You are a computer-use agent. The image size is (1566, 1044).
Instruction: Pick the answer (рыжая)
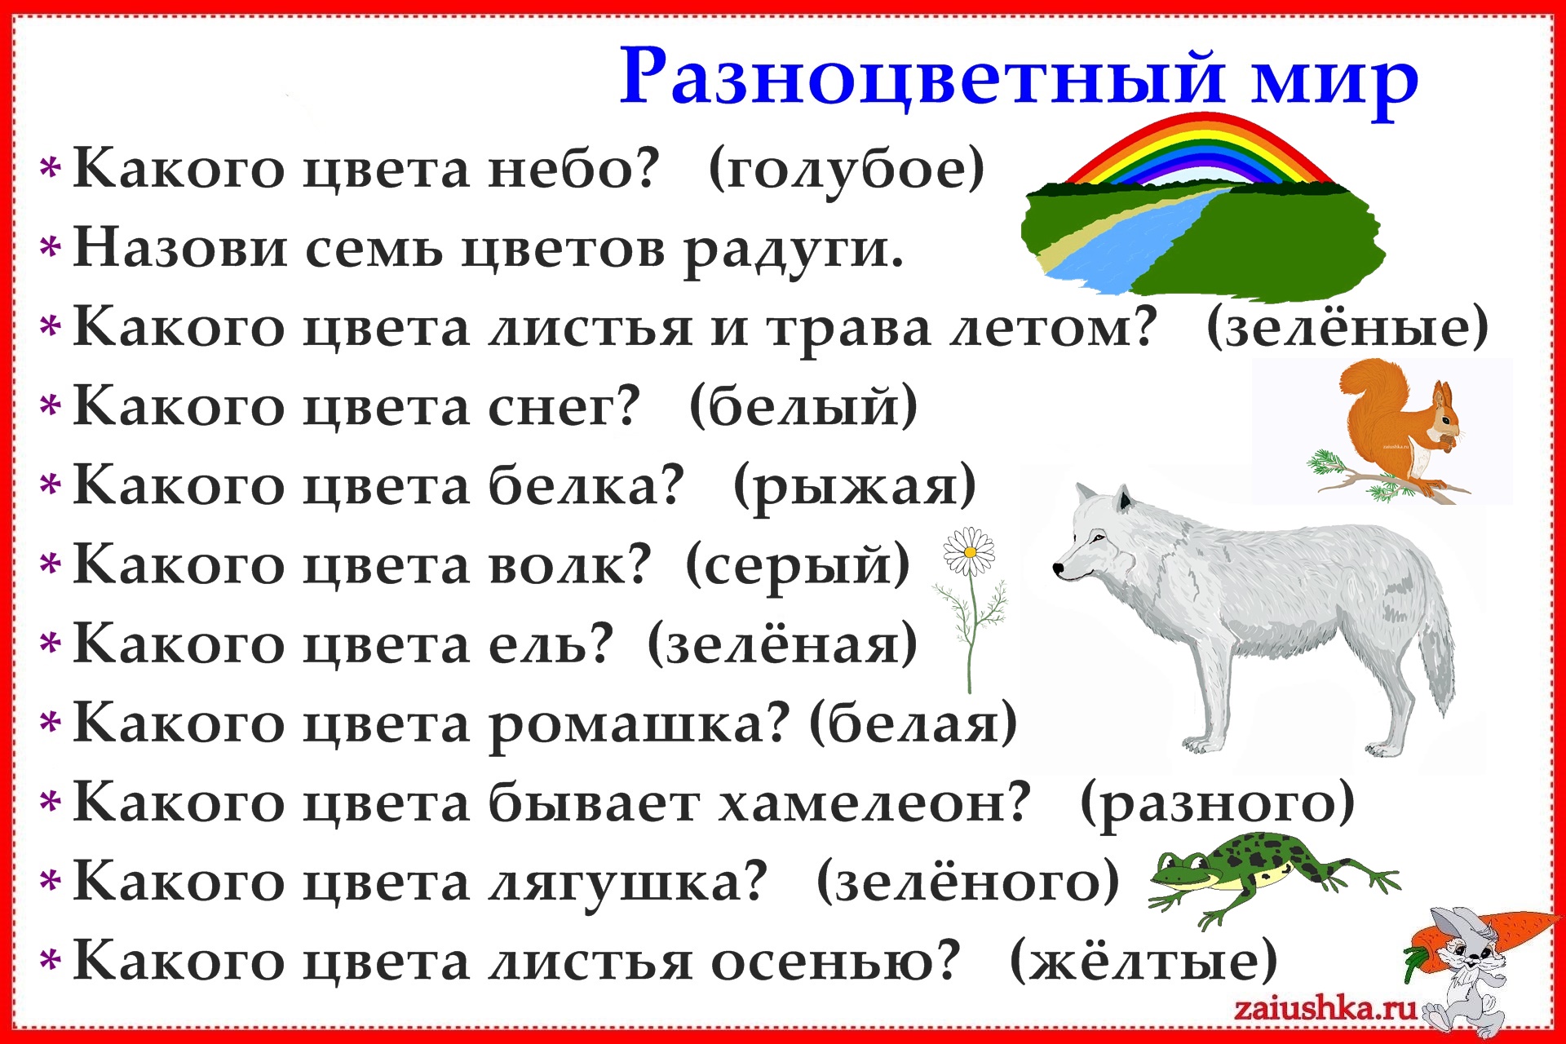(x=854, y=488)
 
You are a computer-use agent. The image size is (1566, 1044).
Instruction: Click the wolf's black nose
(x=1059, y=569)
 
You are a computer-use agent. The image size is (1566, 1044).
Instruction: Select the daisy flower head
(x=970, y=552)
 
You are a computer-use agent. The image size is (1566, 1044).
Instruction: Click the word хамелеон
(x=875, y=803)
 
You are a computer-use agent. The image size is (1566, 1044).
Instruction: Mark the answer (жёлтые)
(x=1144, y=961)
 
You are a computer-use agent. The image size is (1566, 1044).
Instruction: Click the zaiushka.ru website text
(x=1325, y=1009)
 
